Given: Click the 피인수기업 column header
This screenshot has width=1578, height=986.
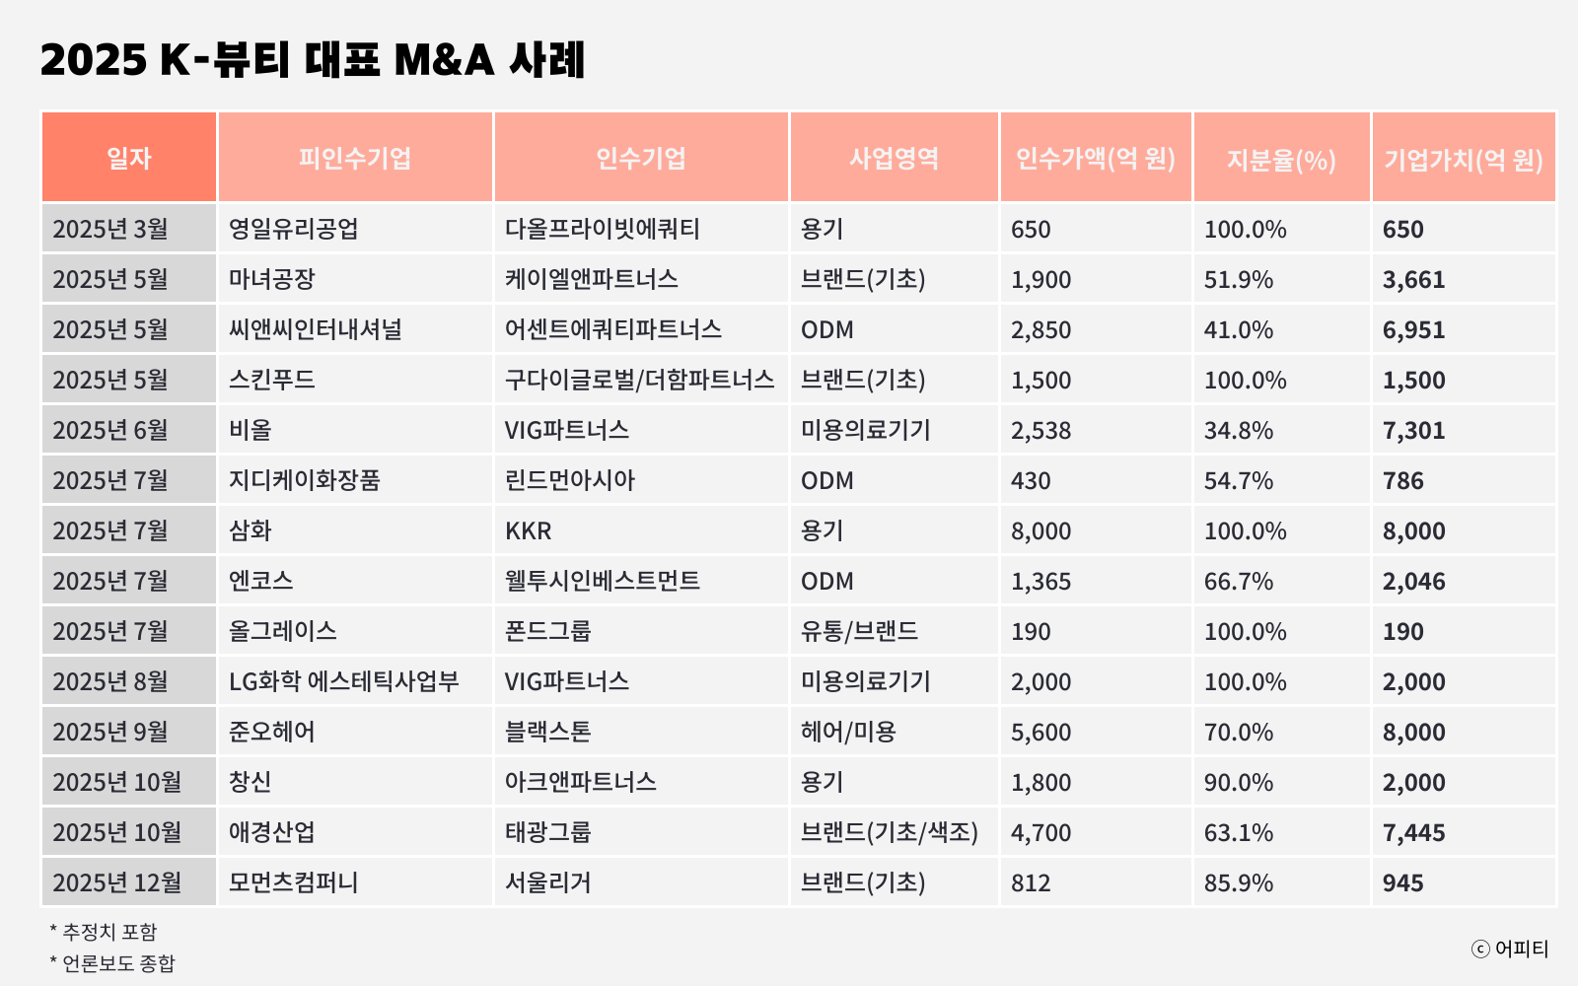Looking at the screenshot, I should (x=355, y=158).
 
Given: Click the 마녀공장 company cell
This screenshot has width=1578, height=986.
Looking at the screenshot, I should (x=272, y=279).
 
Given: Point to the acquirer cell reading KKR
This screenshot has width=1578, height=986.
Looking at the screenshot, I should (x=529, y=530).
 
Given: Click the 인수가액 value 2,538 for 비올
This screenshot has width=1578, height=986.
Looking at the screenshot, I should (x=1041, y=430).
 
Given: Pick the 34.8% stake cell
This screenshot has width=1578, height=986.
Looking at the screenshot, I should (x=1239, y=430).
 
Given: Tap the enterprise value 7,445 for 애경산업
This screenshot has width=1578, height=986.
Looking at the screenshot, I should (x=1414, y=832).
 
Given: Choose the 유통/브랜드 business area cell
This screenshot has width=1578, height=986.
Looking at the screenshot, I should (x=859, y=631).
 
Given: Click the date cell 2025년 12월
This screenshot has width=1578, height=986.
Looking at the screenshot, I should (x=117, y=882).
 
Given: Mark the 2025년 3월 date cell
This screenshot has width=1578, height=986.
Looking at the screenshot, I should (x=110, y=229).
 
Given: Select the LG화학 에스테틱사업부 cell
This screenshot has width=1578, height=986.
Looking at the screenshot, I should (x=344, y=681).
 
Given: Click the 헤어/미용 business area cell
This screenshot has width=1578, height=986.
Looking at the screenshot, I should (x=848, y=732).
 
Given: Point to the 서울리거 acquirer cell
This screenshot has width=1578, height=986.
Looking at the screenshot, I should (x=548, y=882).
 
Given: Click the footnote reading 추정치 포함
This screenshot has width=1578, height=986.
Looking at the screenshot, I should (x=108, y=932).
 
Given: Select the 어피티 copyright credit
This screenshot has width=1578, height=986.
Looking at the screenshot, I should (x=1511, y=949).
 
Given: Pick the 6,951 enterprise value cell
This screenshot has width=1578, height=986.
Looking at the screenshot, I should (x=1414, y=329).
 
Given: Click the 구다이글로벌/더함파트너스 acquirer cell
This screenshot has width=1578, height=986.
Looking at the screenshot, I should (x=640, y=380).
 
